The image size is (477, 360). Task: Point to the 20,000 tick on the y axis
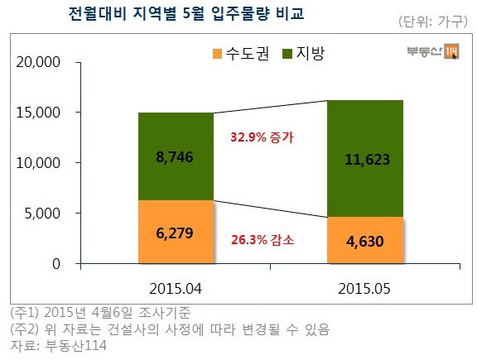pos(39,61)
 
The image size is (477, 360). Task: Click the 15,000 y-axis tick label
pos(39,112)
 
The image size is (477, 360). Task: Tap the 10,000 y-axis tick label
pos(39,163)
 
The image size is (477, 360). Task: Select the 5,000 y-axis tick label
pos(42,214)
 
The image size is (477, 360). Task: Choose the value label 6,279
pos(176,234)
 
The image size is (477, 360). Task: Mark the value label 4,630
pos(365,242)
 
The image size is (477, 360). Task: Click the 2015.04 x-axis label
pos(176,289)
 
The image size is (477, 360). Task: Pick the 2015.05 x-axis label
pos(365,289)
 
